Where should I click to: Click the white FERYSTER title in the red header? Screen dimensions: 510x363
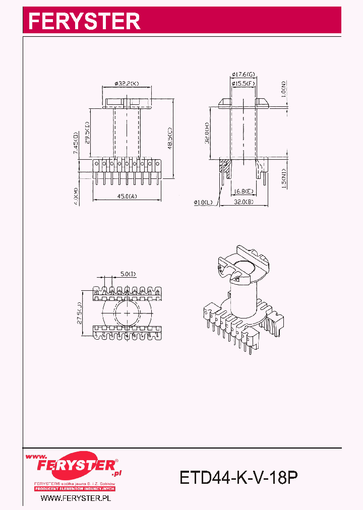(x=84, y=21)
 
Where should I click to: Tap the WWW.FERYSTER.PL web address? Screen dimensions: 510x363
(x=76, y=498)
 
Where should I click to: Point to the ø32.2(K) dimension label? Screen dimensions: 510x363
(x=127, y=83)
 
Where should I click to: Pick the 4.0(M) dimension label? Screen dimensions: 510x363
(x=76, y=197)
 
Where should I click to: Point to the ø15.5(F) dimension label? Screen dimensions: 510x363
(x=244, y=83)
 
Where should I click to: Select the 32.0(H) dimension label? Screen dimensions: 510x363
(x=207, y=134)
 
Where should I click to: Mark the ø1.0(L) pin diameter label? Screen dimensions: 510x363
(x=204, y=203)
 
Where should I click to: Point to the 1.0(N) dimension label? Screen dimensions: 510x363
(x=284, y=89)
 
